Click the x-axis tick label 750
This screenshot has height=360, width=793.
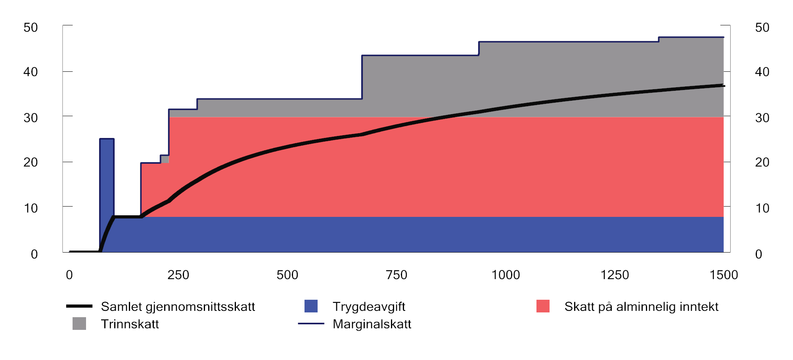point(396,275)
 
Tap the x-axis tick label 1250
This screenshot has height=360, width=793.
point(615,275)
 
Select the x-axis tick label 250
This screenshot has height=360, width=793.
point(178,275)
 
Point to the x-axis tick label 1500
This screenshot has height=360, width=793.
point(724,275)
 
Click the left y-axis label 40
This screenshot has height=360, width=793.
point(31,72)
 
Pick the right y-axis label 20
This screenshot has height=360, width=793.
point(762,162)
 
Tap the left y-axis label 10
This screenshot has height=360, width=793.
point(31,208)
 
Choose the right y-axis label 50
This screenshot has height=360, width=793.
point(762,27)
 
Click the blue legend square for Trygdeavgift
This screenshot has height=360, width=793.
point(311,306)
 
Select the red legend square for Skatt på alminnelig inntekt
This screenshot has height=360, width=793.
point(543,306)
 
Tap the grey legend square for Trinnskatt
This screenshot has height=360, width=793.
point(79,324)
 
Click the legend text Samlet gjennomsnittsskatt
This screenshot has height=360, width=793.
point(178,306)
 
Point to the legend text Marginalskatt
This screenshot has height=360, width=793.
point(372,324)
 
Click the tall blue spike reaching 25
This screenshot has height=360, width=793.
point(107,174)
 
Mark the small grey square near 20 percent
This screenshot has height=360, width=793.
point(165,159)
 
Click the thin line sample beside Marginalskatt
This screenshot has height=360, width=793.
point(311,324)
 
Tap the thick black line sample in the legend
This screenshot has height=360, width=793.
point(79,306)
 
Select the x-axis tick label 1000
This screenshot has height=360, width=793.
point(506,275)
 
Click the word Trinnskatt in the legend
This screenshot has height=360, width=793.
point(130,324)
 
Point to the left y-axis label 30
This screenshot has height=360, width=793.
point(31,118)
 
